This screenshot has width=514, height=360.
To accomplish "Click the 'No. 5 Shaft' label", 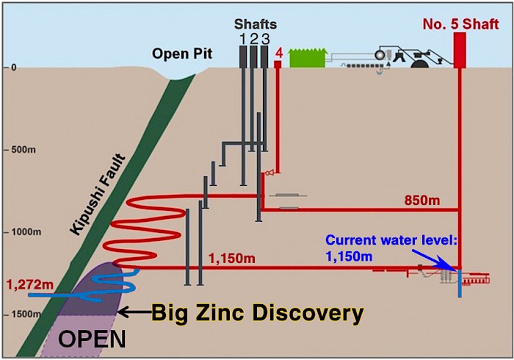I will click(461, 24).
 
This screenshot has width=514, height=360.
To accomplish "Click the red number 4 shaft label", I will click(278, 53).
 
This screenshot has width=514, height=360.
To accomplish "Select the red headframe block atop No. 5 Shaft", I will click(461, 51).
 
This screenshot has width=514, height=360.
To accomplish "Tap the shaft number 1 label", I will click(242, 38).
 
